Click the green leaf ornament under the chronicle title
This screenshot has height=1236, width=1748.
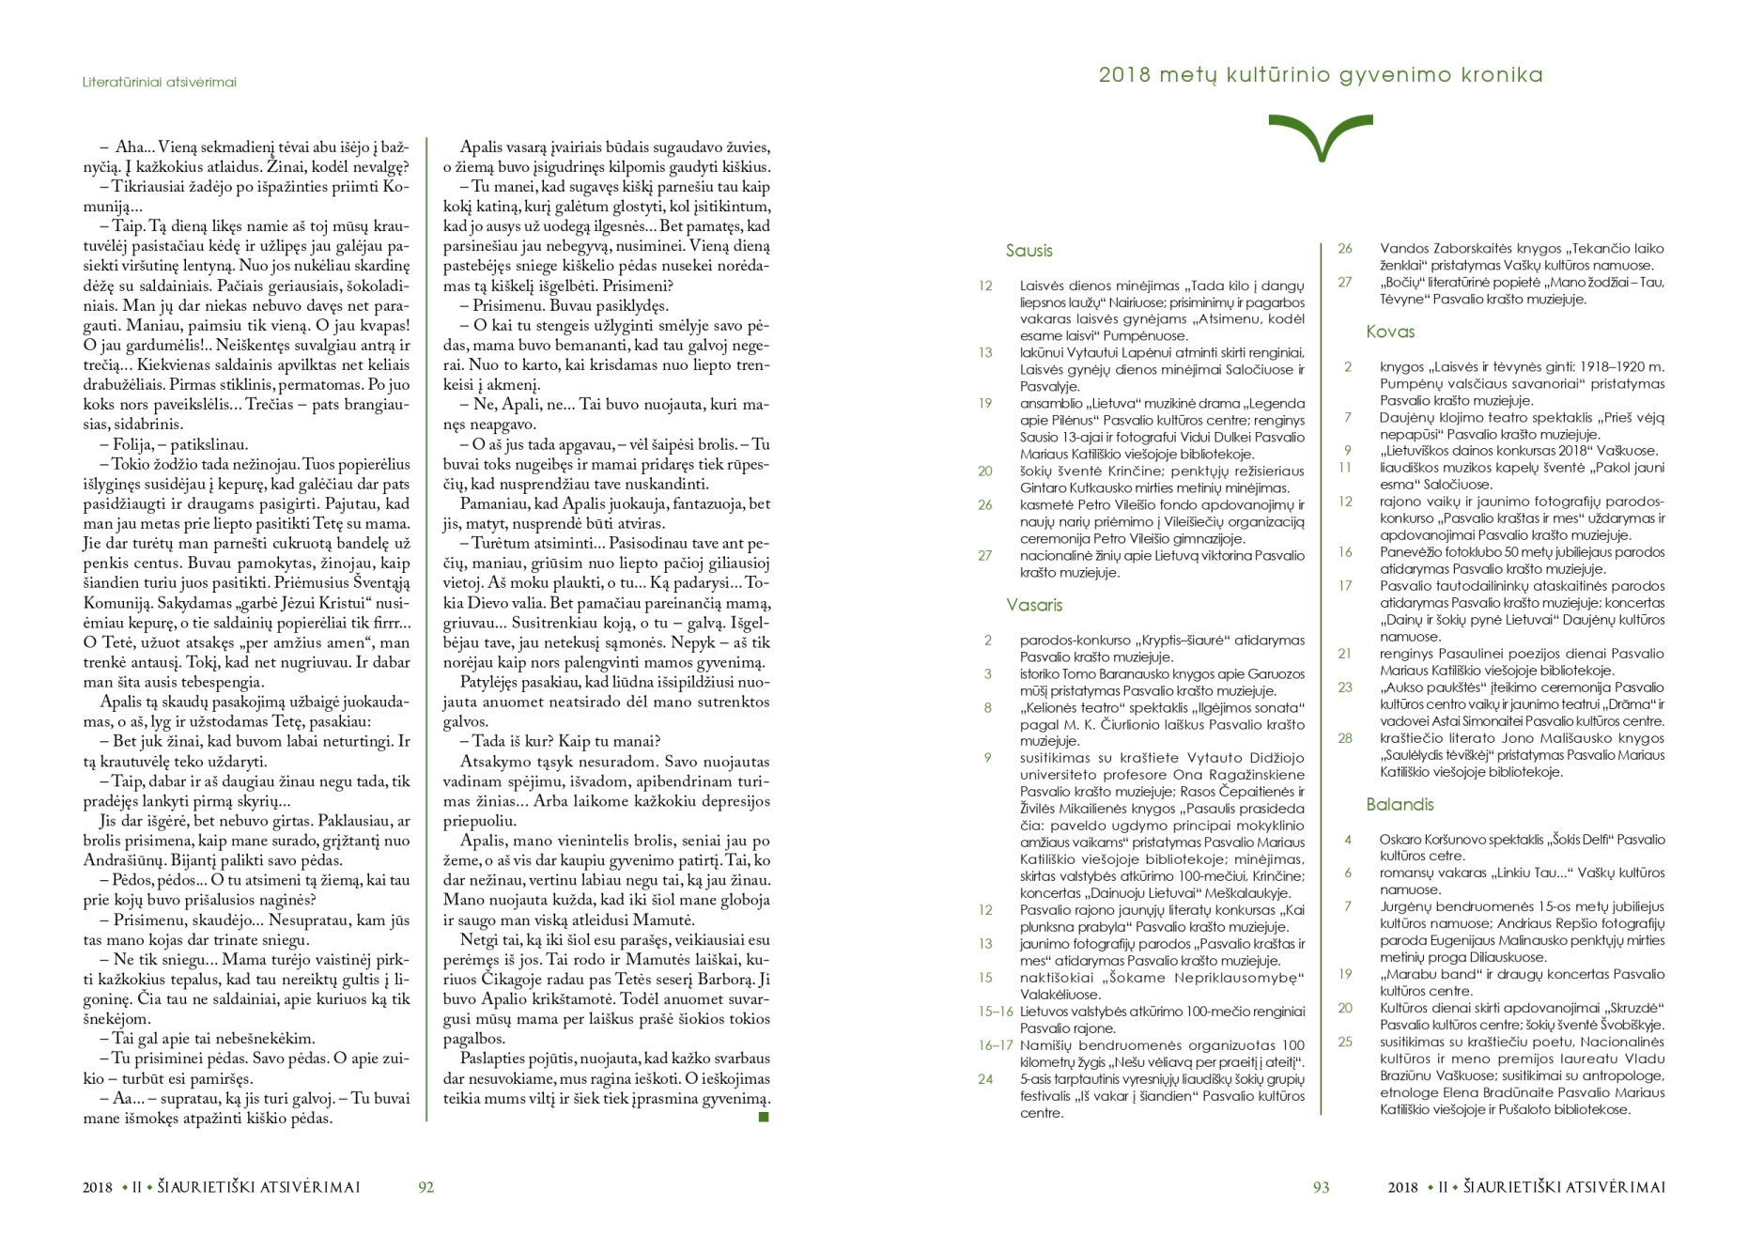pos(1320,137)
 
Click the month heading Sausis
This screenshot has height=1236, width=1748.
pos(1029,251)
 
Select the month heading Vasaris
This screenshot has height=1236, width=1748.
pos(1034,605)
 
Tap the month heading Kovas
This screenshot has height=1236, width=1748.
pos(1390,332)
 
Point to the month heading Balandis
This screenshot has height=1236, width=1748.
pos(1400,804)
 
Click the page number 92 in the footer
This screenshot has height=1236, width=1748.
pos(425,1187)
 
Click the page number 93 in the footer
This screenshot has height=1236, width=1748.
pos(1321,1187)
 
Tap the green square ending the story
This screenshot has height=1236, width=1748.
pos(764,1117)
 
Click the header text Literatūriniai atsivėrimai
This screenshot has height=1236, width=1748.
pos(160,83)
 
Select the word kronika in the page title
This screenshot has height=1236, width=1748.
pos(1499,75)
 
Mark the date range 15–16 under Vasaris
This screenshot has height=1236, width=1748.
pos(996,1012)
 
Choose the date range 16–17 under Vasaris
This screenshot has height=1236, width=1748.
pos(996,1045)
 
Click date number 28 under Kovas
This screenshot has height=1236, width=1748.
pos(1345,738)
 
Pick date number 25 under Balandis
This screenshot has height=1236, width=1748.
pos(1345,1042)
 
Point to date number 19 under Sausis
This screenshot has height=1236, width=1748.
pos(984,404)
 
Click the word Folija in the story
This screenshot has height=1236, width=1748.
pos(132,444)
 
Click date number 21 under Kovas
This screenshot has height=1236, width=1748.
pos(1345,654)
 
